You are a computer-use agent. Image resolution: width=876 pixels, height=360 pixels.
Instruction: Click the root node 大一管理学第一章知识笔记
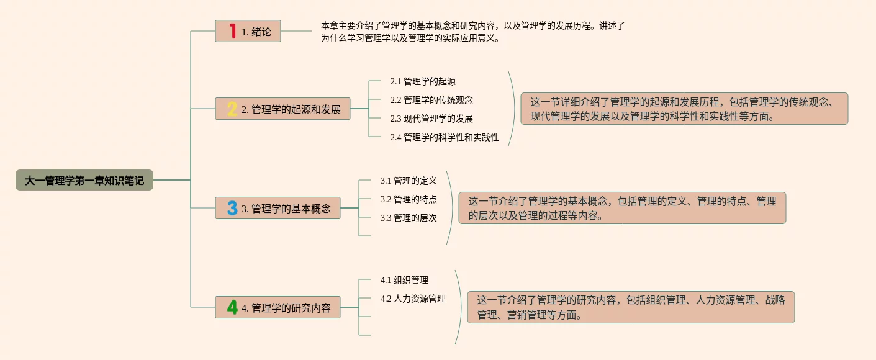[x=84, y=180]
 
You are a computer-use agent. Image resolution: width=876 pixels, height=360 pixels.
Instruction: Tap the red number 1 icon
[x=233, y=31]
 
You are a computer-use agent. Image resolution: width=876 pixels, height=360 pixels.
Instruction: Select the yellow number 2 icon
[x=232, y=109]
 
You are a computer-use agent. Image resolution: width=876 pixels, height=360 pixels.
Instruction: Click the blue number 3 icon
[x=232, y=208]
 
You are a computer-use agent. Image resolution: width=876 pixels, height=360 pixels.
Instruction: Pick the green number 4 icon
[x=232, y=307]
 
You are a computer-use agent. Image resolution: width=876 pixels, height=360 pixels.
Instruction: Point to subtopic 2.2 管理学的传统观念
[x=431, y=100]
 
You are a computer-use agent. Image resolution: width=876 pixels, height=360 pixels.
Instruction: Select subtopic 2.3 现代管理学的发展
[x=431, y=119]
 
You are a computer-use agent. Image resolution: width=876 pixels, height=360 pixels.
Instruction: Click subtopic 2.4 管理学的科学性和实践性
[x=445, y=137]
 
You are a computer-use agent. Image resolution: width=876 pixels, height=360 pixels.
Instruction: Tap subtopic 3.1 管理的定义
[x=409, y=181]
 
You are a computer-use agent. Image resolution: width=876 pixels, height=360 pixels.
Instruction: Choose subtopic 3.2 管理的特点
[x=409, y=199]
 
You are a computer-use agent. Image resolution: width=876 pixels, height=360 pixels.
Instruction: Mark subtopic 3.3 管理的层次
[x=409, y=218]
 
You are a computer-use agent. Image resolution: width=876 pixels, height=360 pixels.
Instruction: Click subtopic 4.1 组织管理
[x=404, y=280]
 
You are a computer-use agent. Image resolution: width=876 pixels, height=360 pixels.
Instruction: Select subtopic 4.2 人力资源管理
[x=413, y=299]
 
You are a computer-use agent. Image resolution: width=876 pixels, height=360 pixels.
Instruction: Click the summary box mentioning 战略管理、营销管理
[x=631, y=307]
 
